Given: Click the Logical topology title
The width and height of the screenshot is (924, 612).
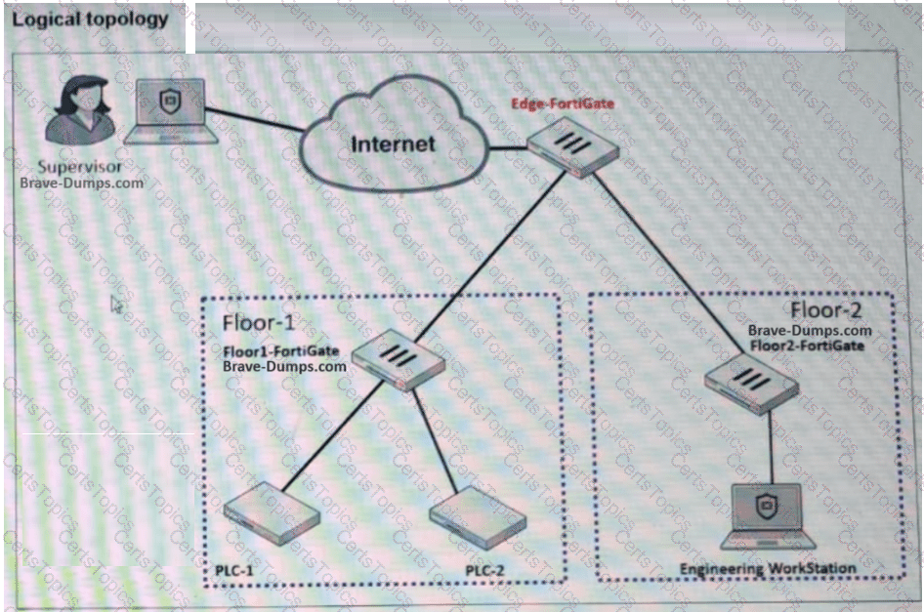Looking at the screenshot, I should click(91, 19).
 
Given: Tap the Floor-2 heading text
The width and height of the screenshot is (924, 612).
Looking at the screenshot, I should click(825, 310).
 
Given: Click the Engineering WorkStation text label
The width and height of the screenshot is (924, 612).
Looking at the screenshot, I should click(768, 568).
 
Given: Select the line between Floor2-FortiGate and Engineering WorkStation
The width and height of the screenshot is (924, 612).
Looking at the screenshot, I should click(773, 444).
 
